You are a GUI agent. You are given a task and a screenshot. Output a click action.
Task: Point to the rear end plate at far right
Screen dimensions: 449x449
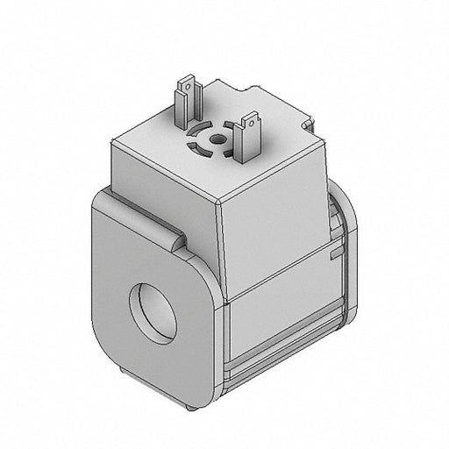(x=348, y=263)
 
